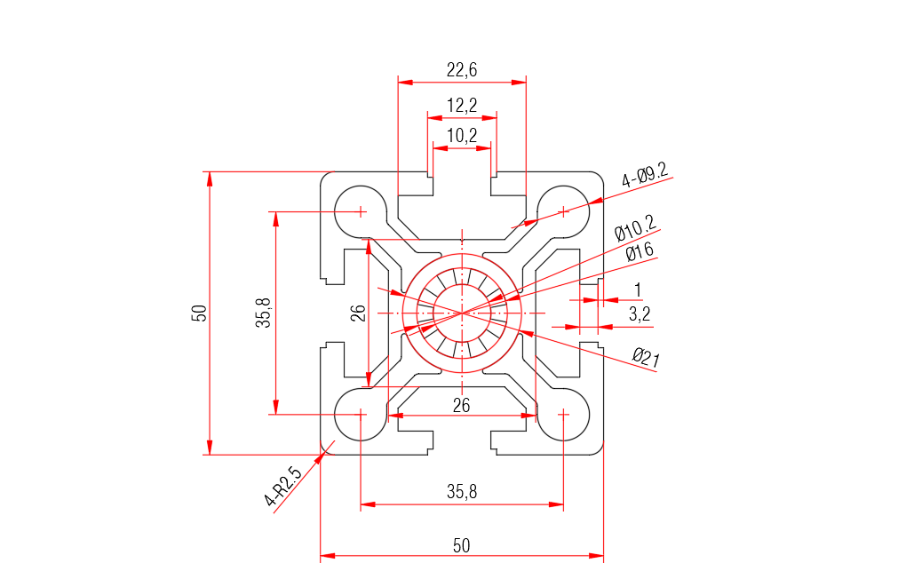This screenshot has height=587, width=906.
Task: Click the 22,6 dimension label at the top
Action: (x=462, y=70)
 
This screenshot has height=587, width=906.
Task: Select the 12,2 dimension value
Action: (x=462, y=106)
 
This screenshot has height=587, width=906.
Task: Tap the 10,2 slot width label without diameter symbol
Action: (x=462, y=136)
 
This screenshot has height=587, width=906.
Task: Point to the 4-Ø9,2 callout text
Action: (x=645, y=175)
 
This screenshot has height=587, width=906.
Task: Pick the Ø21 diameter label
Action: (x=646, y=358)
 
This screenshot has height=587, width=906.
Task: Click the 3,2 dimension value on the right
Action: (x=640, y=313)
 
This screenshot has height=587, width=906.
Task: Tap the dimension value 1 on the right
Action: (x=638, y=290)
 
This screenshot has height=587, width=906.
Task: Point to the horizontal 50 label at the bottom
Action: (x=462, y=545)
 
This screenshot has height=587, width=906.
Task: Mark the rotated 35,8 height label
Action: (x=264, y=313)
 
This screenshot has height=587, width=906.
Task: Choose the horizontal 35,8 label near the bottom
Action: (x=462, y=492)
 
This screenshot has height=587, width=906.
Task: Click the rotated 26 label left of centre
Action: (x=358, y=313)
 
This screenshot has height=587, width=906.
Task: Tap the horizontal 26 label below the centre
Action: (x=462, y=405)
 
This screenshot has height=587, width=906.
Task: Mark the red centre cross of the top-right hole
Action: (x=563, y=211)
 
